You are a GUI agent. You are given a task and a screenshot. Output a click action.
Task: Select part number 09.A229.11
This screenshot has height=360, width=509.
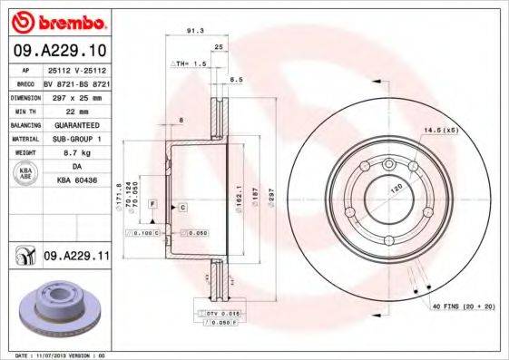[76, 258]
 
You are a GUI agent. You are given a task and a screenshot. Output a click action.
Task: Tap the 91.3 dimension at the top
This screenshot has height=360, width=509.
[193, 30]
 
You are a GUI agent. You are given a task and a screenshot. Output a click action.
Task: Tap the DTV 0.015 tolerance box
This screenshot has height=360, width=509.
[215, 312]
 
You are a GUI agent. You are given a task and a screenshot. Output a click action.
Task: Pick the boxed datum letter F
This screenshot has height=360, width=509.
[153, 201]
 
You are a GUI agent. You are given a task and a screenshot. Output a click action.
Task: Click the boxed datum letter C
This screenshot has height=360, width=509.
[183, 208]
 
